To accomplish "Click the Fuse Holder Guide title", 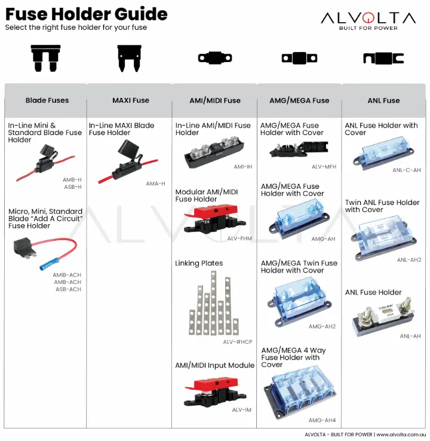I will click(87, 14).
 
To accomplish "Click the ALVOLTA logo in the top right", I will click(368, 20).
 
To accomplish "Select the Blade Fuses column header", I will click(47, 100).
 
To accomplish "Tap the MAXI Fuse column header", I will click(131, 100).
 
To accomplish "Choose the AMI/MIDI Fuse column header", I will click(215, 100).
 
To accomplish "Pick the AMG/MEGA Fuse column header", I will click(299, 100).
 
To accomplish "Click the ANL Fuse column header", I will click(383, 100).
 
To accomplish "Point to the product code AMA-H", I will click(155, 183).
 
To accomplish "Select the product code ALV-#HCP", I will click(238, 342).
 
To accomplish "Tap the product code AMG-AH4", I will click(322, 420).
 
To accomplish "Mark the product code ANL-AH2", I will click(408, 260).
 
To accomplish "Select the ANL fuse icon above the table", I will click(383, 58).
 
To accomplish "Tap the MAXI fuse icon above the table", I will click(131, 57).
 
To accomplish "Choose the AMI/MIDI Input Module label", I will click(214, 365).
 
